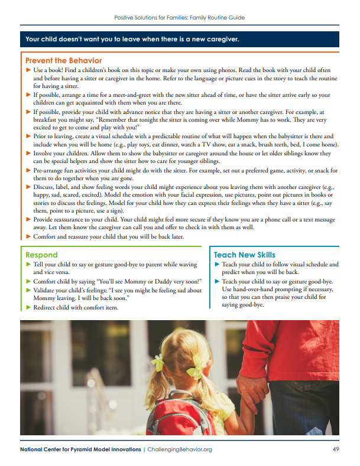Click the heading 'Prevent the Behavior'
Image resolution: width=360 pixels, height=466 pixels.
point(63,60)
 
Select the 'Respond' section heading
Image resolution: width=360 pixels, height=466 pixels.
point(41,255)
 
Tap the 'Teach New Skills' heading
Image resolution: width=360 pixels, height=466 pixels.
point(244,255)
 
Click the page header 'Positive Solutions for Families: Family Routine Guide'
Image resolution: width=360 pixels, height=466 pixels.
point(180,18)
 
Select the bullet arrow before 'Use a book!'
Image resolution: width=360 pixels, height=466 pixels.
point(28,70)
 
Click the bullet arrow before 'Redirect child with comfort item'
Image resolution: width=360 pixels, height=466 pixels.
point(28,307)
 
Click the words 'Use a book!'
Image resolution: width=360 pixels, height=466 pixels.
point(48,70)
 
